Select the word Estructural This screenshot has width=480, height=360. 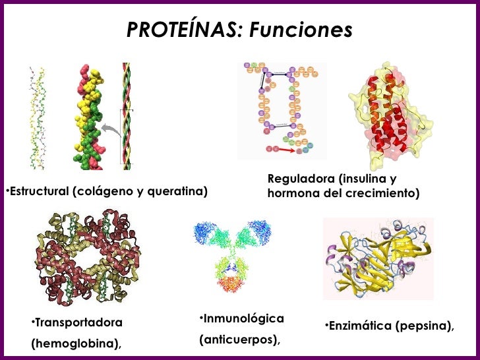(36, 192)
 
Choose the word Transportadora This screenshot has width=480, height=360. (78, 323)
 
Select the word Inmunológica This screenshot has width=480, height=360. (243, 319)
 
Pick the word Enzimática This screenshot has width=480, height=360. (361, 326)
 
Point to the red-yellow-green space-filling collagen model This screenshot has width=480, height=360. (90, 115)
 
